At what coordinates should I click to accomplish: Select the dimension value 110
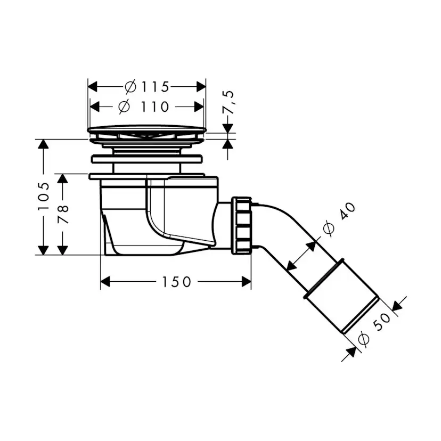click(x=156, y=107)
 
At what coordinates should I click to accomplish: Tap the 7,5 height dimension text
click(x=230, y=101)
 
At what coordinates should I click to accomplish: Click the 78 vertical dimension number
click(x=63, y=213)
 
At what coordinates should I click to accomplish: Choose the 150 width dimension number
click(x=176, y=282)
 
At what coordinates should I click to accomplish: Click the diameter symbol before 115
click(x=130, y=86)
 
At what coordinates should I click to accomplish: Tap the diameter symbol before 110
click(x=124, y=107)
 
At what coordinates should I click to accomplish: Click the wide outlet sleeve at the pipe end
click(x=341, y=296)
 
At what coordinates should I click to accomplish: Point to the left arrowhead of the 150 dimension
click(x=105, y=282)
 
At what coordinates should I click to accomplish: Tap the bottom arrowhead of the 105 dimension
click(x=44, y=250)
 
